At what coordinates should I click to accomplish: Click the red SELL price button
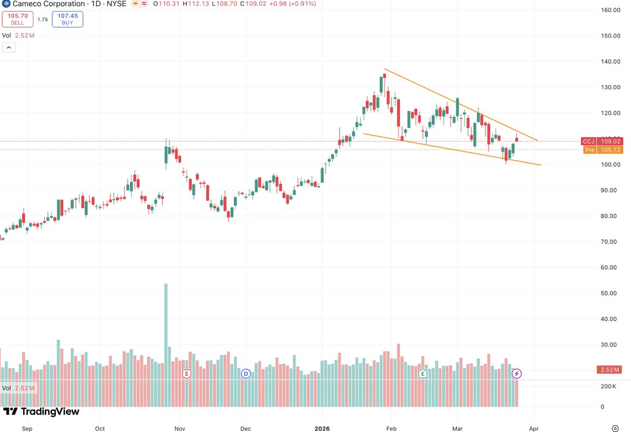click(17, 19)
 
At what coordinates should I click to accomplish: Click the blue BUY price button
click(67, 19)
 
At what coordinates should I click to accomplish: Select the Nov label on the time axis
click(179, 429)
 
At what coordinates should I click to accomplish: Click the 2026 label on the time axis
click(322, 429)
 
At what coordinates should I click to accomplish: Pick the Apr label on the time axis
click(534, 429)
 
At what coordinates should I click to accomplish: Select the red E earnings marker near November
click(186, 374)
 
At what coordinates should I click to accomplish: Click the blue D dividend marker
click(246, 374)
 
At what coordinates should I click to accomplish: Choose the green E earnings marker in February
click(422, 374)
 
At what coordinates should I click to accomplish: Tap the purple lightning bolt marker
click(517, 373)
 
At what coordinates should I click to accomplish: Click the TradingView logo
click(41, 412)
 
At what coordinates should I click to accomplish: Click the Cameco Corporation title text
click(48, 4)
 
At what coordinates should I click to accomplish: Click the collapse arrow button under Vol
click(9, 47)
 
